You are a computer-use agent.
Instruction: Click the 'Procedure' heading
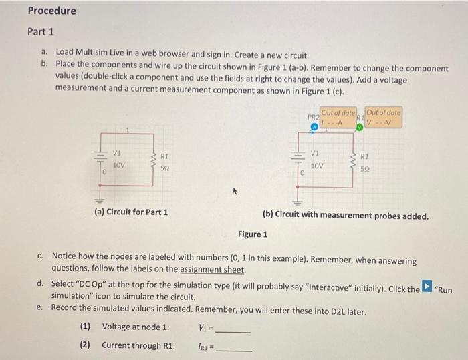[51, 11]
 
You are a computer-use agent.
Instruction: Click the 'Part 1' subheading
[41, 31]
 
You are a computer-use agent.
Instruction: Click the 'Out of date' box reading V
[384, 117]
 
